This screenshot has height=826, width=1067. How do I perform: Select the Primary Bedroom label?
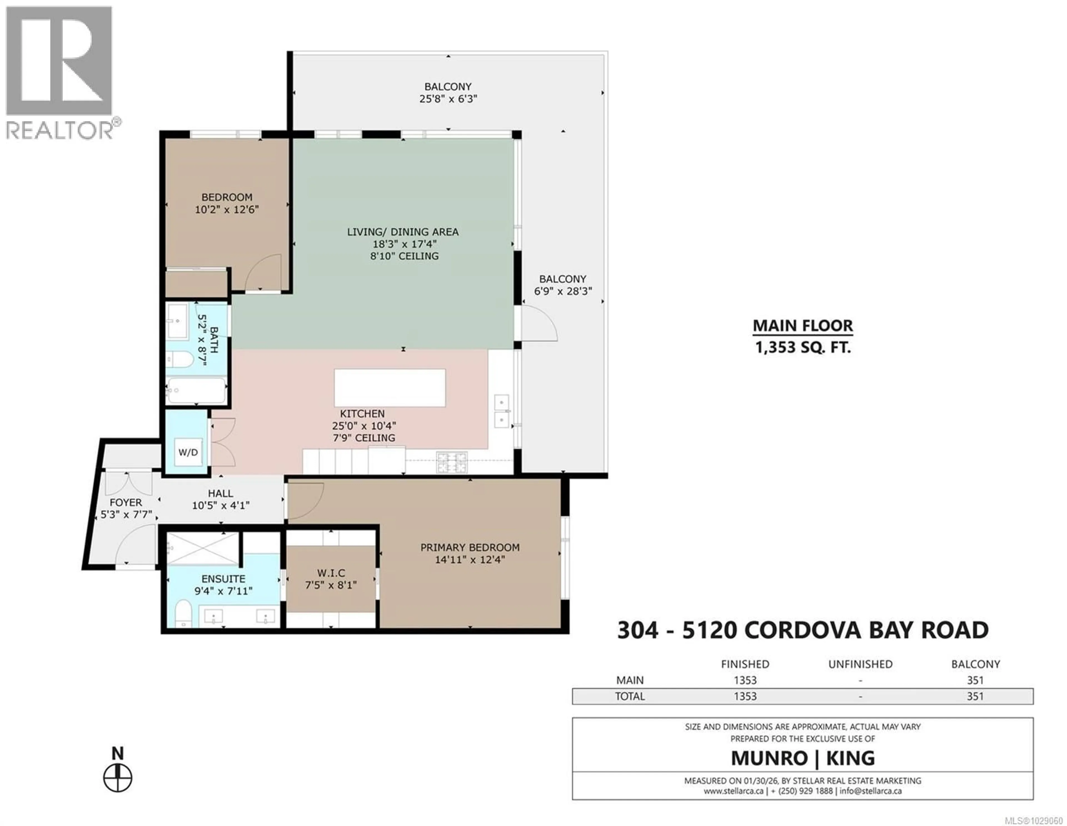pos(470,547)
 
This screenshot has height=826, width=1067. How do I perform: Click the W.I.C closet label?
pos(331,573)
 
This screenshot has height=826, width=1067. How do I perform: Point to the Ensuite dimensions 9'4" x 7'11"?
pos(223,591)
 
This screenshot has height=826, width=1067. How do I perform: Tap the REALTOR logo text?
pos(60,130)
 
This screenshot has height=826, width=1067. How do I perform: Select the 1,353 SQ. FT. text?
pos(803,348)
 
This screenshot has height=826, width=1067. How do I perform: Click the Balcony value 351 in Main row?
pos(975,680)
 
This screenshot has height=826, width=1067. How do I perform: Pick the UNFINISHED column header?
pos(860,664)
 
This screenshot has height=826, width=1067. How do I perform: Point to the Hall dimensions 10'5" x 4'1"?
pos(220,505)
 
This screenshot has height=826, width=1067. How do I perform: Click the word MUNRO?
pos(769,758)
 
